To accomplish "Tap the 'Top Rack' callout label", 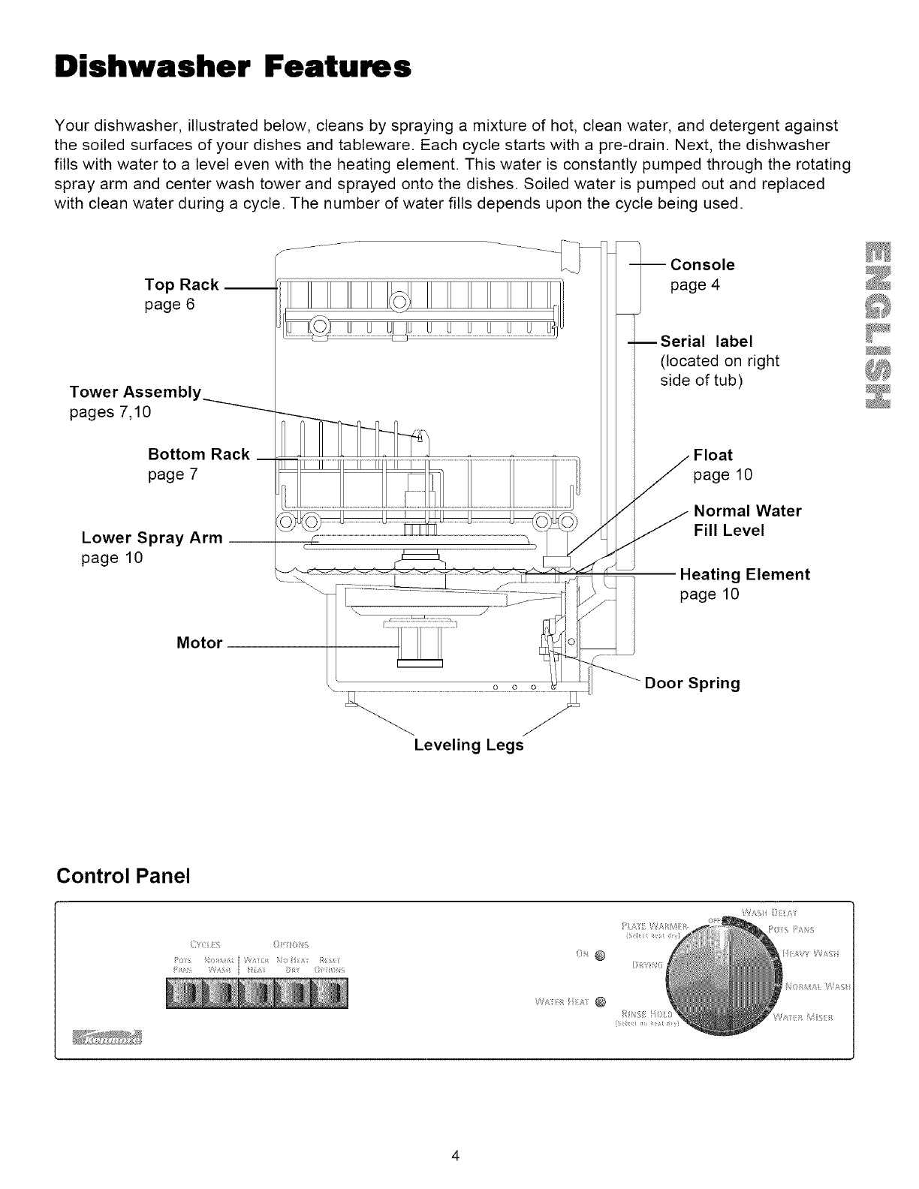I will coord(182,284).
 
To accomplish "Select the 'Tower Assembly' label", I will coord(135,393).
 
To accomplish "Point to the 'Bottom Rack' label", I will coord(199,455).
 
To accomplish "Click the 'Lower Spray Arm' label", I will coord(152,537).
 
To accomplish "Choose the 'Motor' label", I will coord(199,643).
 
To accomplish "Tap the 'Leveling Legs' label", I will coord(469,745).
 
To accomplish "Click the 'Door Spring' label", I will coord(692,683).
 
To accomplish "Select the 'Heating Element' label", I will coord(745,575).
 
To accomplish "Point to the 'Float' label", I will coord(713,455).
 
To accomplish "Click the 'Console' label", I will coord(702,265).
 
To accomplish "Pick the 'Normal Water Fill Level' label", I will coord(748,520).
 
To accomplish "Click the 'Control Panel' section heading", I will coord(124,876).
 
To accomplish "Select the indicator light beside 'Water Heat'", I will coord(600,1001).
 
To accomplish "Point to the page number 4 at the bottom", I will coord(456,1155).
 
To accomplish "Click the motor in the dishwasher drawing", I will coord(420,646).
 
